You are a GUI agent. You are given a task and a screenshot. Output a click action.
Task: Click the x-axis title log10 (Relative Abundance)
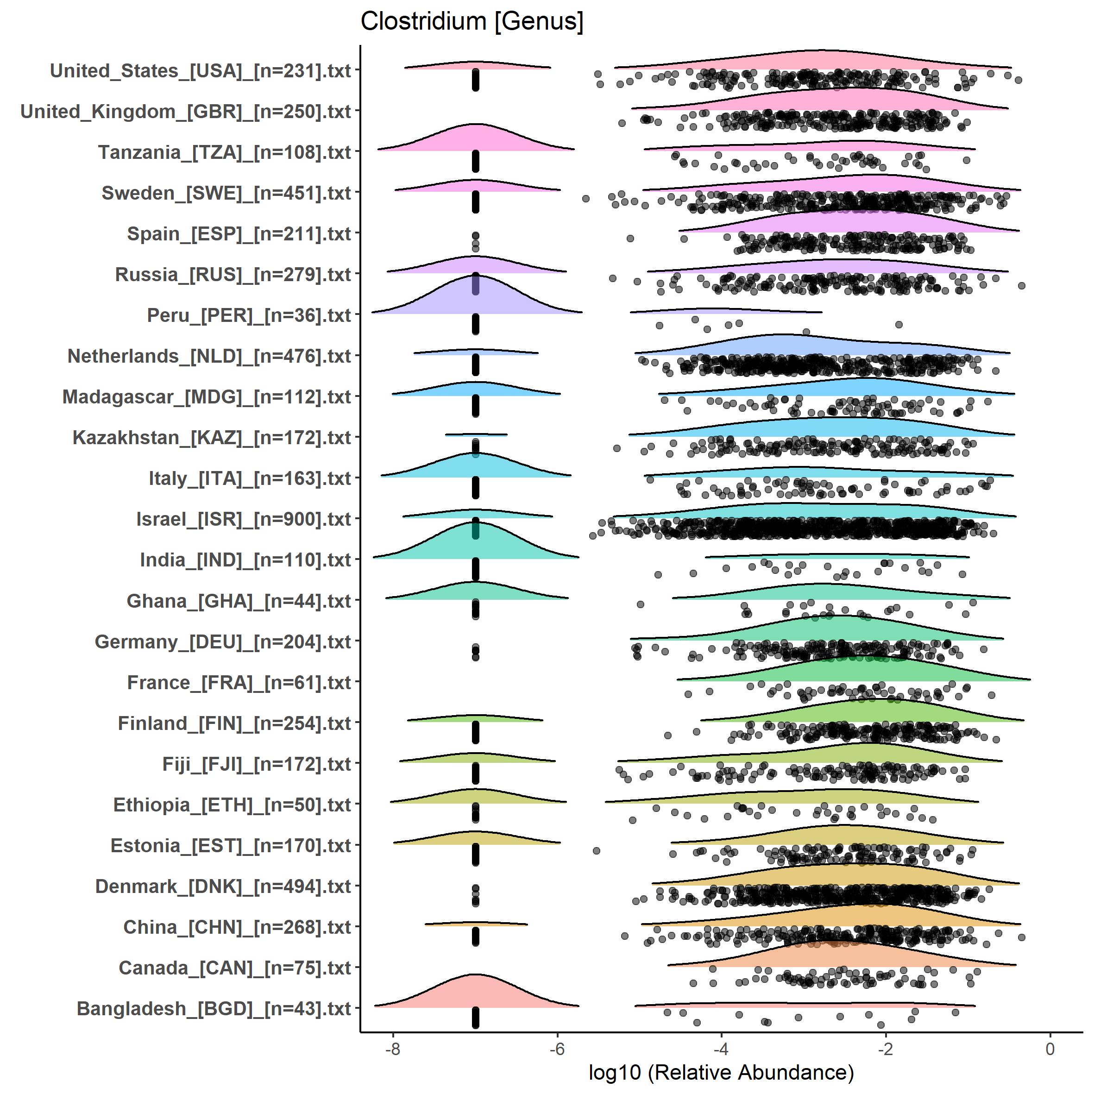click(x=721, y=1072)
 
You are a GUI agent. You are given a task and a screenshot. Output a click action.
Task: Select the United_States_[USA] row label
click(x=201, y=71)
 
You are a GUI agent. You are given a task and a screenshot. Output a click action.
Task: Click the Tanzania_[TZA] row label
click(x=224, y=152)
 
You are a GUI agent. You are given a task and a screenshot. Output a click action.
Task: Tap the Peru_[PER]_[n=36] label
click(x=249, y=315)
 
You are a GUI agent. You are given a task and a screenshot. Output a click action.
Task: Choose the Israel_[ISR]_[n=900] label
click(x=244, y=519)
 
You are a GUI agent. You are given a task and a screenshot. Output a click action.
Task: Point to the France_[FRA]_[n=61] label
click(x=239, y=682)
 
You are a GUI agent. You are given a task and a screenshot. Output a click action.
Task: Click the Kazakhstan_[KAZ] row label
click(x=212, y=438)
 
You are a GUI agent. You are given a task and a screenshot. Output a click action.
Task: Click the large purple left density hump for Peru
click(x=476, y=297)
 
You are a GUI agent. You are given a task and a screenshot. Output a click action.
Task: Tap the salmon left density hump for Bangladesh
click(x=476, y=994)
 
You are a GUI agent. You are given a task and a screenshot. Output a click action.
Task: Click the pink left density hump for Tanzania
click(x=476, y=139)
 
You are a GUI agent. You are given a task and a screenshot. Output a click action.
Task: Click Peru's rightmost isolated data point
click(x=899, y=325)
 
